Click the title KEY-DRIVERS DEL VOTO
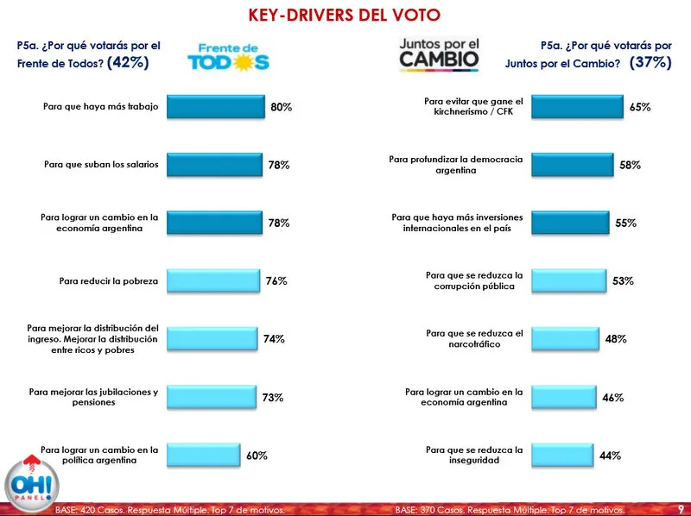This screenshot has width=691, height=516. tap(344, 16)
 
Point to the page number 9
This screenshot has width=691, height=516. tap(681, 509)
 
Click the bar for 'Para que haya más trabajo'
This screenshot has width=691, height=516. tap(214, 107)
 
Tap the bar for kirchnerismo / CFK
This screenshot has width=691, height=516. tap(577, 107)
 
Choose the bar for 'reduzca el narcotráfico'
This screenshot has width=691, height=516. tap(564, 339)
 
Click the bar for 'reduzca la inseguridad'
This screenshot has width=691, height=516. tap(561, 456)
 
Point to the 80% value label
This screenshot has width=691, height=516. tap(282, 107)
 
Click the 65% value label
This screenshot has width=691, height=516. tap(640, 107)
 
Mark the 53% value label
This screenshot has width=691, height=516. tap(624, 281)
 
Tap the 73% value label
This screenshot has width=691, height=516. tap(273, 398)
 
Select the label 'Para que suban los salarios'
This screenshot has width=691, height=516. tap(101, 165)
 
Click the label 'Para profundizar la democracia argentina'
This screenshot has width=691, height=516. tap(456, 165)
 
